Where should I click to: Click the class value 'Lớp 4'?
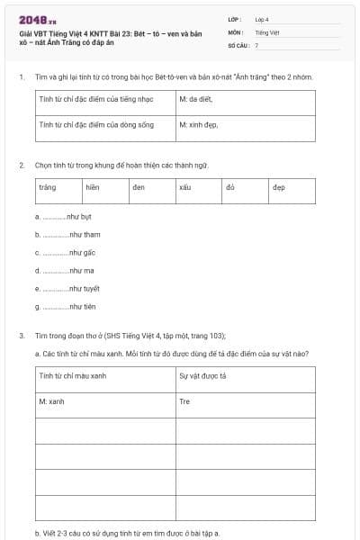pos(262,19)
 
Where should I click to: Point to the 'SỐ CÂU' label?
pos(238,44)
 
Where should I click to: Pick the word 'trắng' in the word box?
pos(48,187)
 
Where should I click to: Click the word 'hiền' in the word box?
pos(92,187)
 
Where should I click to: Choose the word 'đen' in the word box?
pos(139,187)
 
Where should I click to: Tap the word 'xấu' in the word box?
pos(186,187)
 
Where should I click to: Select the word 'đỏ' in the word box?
pos(231,187)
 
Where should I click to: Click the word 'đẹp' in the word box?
pos(279,187)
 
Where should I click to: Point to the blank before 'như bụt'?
pos(53,217)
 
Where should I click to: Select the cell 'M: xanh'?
pos(53,401)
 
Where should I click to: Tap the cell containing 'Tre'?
pos(185,401)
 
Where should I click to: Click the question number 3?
pos(21,335)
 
